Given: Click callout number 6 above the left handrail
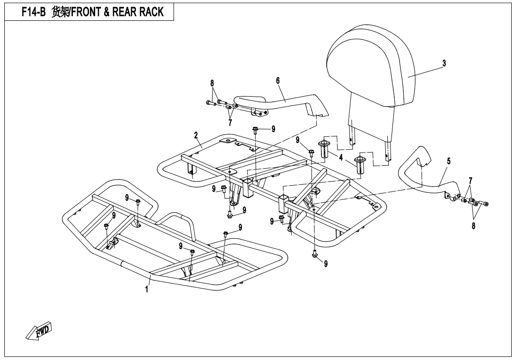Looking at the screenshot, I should click(277, 81).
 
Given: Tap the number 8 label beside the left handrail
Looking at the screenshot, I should click(212, 83).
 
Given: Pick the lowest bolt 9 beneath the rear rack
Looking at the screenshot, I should click(314, 256).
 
